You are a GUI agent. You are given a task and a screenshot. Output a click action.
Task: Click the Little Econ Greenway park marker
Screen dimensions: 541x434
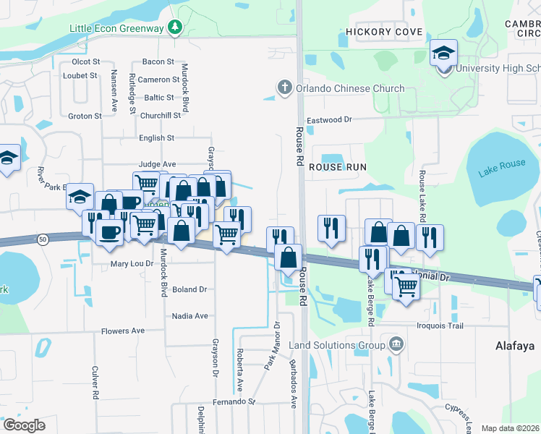pyautogui.click(x=174, y=27)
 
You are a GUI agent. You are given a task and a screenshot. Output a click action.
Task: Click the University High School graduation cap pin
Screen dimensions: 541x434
pyautogui.click(x=443, y=53)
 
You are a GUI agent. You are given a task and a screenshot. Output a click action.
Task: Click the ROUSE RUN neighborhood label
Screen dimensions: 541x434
pyautogui.click(x=338, y=167)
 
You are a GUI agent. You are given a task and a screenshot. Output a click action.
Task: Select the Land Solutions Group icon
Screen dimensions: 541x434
pyautogui.click(x=396, y=343)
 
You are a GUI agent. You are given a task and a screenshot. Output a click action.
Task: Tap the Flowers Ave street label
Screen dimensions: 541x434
pyautogui.click(x=123, y=331)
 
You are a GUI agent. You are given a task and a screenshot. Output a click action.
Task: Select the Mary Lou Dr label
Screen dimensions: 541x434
pyautogui.click(x=132, y=265)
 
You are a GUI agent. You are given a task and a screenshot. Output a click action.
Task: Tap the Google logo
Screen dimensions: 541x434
pyautogui.click(x=25, y=425)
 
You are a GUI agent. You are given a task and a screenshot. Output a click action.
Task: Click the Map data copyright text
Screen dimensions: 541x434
pyautogui.click(x=511, y=428)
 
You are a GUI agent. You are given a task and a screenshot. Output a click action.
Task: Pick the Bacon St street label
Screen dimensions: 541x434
pyautogui.click(x=158, y=62)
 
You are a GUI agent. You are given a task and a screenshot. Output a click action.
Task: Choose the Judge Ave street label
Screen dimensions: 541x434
pyautogui.click(x=157, y=164)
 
